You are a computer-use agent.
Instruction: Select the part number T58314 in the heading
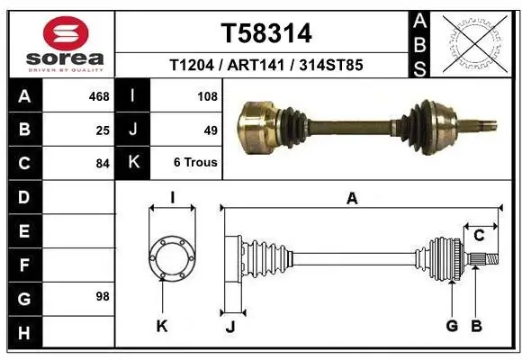pos(266,33)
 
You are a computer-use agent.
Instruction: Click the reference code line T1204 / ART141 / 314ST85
pos(266,66)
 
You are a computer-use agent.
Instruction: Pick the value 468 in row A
pos(99,94)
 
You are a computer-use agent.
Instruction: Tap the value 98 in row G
pos(103,296)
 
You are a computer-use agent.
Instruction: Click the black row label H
pos(23,334)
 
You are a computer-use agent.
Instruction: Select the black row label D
pos(23,197)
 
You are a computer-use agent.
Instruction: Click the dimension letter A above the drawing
pos(352,199)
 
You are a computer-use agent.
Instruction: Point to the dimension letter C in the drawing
pos(479,236)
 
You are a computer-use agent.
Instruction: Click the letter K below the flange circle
pos(162,326)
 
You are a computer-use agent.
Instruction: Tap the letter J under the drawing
pos(230,327)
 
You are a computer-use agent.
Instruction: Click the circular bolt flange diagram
pos(171,257)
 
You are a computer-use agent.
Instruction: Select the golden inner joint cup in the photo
pos(258,123)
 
